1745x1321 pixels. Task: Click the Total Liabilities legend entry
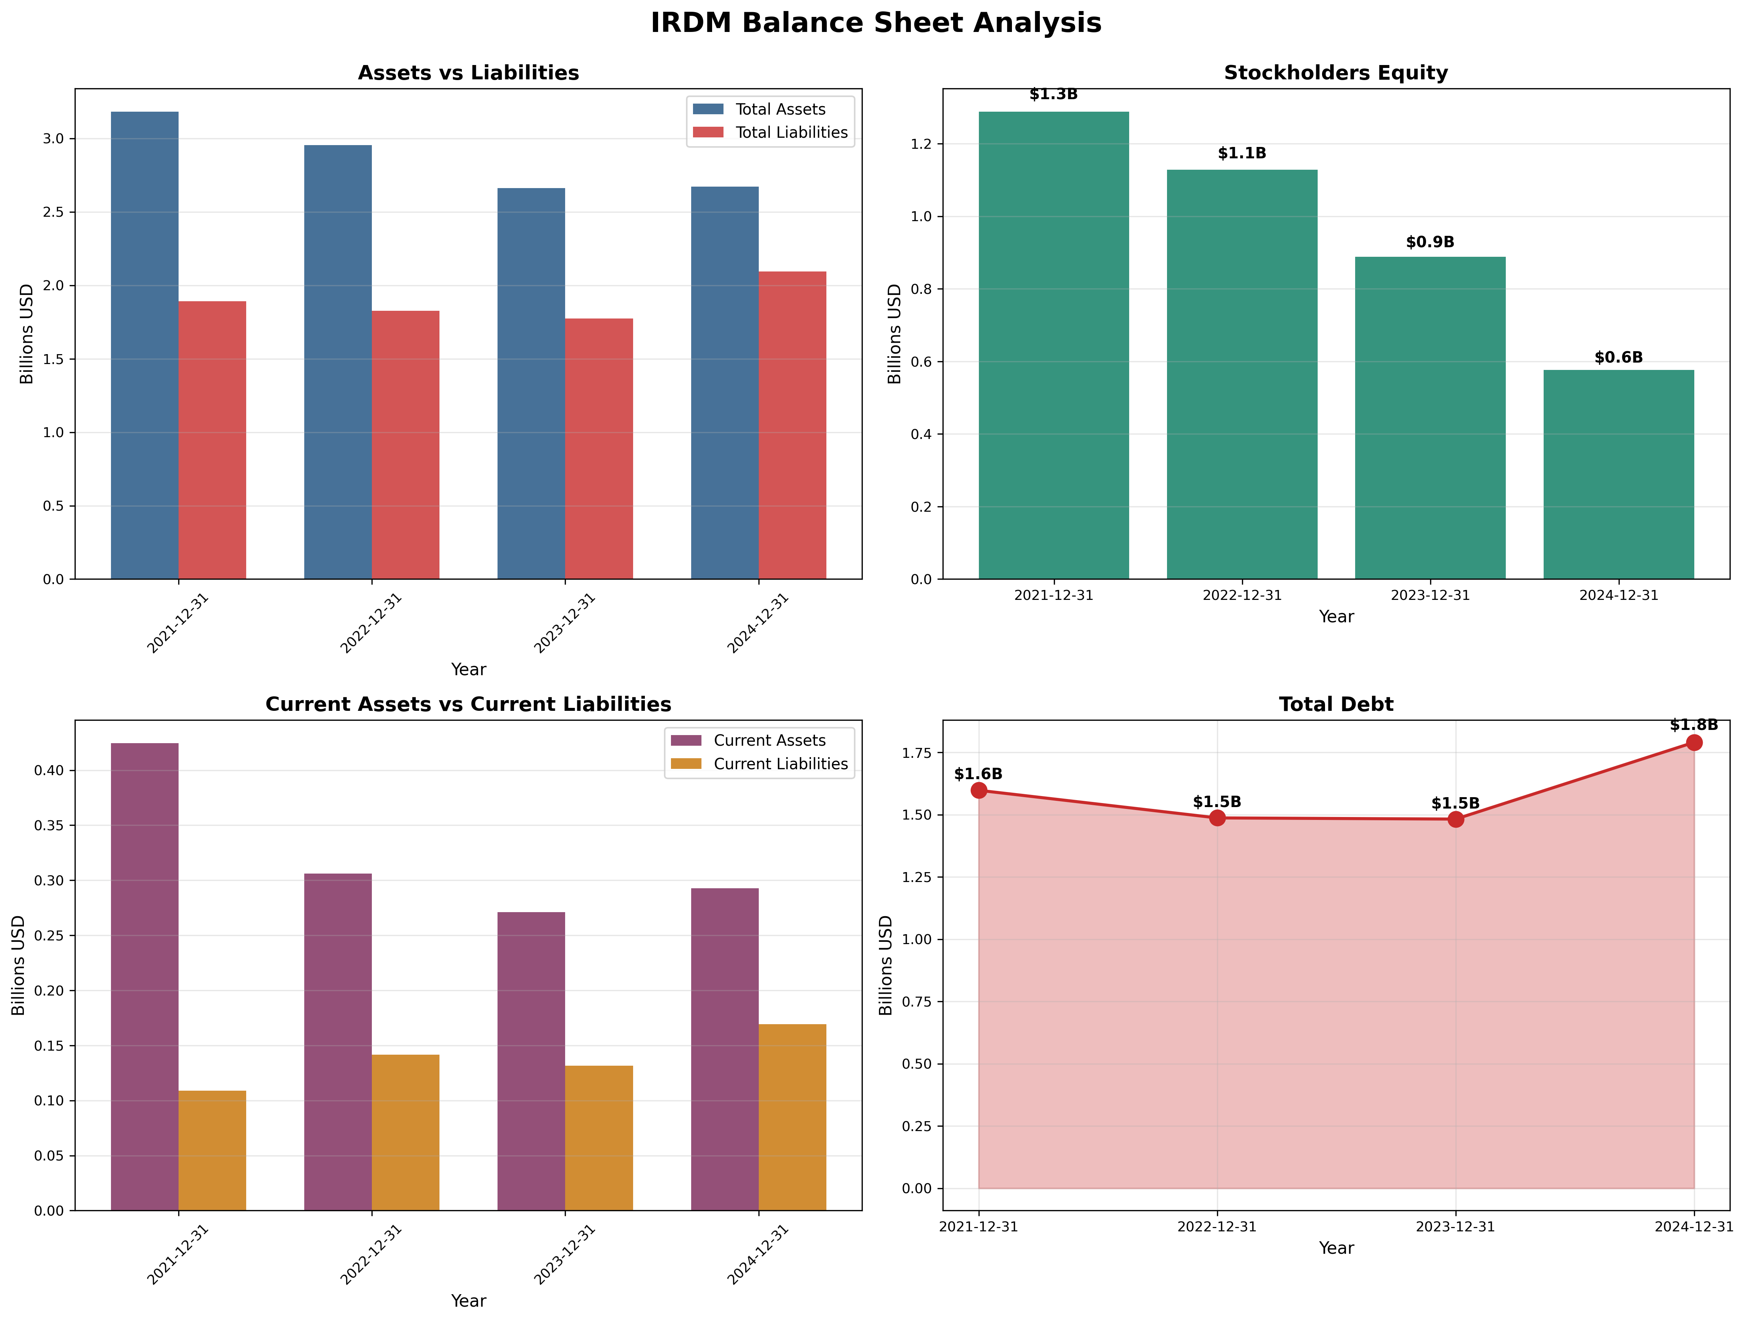(x=790, y=133)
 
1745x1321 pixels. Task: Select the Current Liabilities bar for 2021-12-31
(x=212, y=1151)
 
